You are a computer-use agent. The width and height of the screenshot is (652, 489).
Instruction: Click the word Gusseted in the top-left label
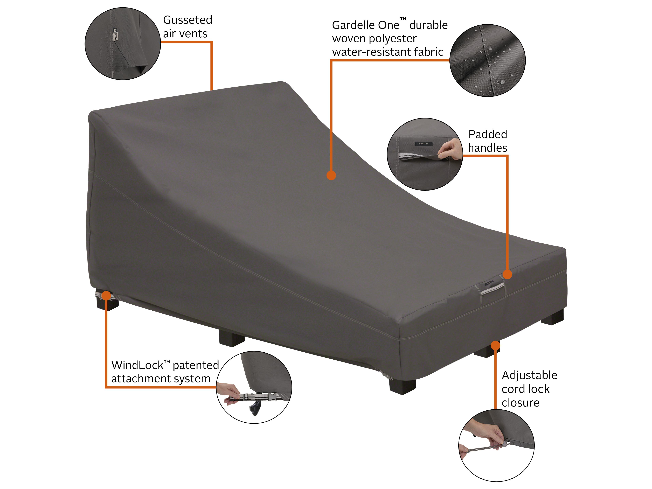[188, 20]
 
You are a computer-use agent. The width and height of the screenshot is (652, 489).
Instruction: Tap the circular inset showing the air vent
[123, 44]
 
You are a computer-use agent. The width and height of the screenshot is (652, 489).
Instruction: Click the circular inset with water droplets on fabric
[488, 60]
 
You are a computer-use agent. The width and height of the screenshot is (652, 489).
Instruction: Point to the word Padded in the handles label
[488, 134]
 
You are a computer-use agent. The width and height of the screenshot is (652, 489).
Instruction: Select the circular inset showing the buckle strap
[254, 387]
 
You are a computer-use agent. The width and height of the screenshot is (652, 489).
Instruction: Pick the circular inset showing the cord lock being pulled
[496, 445]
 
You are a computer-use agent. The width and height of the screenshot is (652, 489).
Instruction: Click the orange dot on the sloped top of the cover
[331, 175]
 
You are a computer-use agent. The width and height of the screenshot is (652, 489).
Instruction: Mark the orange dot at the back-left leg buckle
[106, 296]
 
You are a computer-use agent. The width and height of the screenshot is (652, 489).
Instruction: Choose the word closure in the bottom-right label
[521, 403]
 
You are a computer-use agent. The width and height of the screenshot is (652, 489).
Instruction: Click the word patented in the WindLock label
[196, 365]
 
